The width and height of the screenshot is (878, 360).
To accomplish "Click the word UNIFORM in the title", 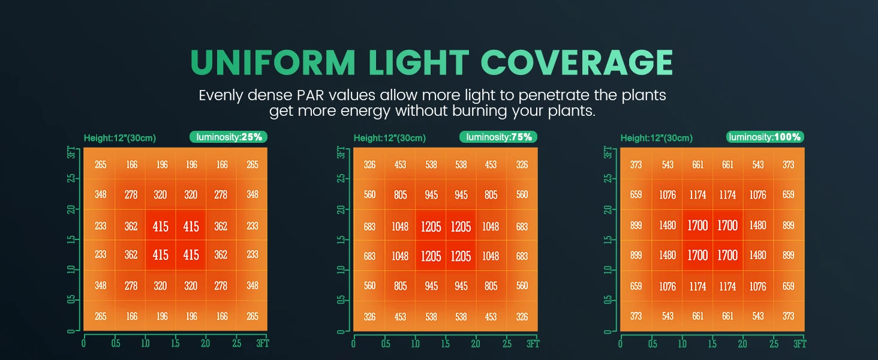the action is coord(273,62).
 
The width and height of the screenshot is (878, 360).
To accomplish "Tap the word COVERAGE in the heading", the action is coord(576,62).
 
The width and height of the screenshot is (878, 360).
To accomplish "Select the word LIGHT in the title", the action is coord(419,62).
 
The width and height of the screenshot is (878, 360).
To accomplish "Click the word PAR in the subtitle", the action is coord(311,95).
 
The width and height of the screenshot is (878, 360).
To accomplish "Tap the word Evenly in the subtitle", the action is coord(221,96).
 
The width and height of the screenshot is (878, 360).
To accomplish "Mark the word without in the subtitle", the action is coord(422,111).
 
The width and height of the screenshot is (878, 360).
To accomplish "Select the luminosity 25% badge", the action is coord(228,137).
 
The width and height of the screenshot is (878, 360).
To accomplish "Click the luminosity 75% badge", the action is coord(498,137).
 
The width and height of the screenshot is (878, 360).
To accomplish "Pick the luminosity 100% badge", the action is coord(765,137).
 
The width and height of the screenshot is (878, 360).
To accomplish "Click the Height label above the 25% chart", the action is coord(120,138).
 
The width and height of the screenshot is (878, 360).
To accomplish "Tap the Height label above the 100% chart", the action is coord(657,138).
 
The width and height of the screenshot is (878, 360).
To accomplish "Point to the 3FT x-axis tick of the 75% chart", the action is coord(533,344).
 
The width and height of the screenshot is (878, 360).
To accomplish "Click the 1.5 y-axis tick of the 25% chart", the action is coord(71,239).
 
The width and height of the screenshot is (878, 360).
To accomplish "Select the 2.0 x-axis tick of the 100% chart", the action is coord(742,344).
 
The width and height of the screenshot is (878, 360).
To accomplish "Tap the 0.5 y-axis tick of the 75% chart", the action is coord(341,300).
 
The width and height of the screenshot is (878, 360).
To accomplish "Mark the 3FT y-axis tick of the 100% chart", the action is coord(608,152).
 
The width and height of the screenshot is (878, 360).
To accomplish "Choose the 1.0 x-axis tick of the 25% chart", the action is coord(145,344).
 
